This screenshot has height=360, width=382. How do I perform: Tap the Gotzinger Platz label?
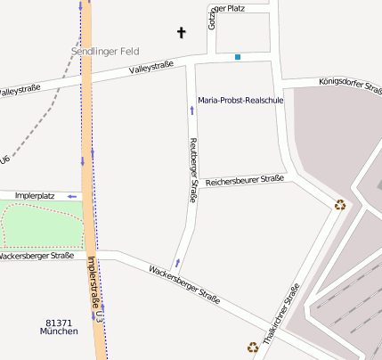226,8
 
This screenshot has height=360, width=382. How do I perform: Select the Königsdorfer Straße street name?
349,86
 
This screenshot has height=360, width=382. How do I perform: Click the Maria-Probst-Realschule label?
240,101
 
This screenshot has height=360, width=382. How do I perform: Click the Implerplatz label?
35,196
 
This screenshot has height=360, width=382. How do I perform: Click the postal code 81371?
59,323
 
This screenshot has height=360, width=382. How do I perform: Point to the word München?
59,331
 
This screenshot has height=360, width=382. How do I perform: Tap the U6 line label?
5,160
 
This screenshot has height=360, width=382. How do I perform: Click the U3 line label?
102,316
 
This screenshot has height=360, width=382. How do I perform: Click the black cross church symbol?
182,33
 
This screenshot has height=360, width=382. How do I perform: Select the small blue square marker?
238,57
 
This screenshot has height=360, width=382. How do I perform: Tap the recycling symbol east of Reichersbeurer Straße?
339,204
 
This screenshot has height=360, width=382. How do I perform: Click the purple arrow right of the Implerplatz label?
71,196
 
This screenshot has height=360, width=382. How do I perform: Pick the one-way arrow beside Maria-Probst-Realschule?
191,110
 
